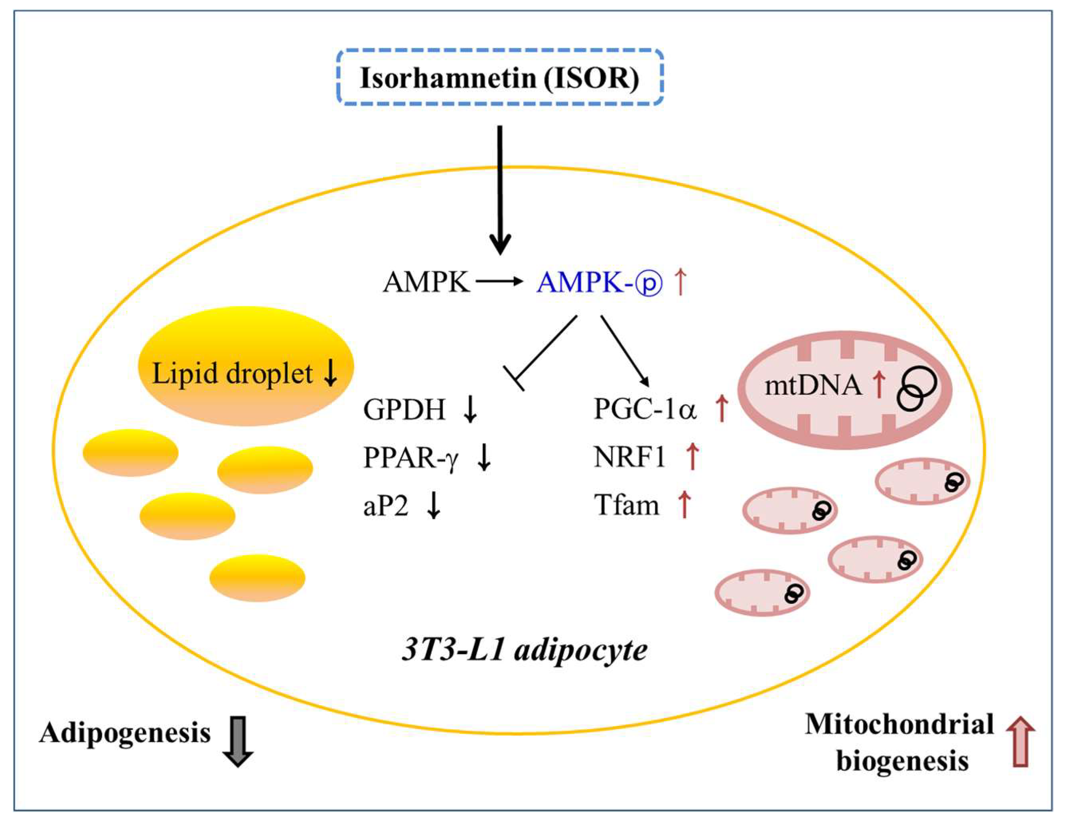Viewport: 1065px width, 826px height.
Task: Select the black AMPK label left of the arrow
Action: point(426,282)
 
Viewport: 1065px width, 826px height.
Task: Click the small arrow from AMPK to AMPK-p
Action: point(498,281)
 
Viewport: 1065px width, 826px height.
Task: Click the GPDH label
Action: point(404,409)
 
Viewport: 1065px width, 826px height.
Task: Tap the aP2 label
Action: point(385,506)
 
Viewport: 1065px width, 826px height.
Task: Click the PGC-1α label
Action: point(645,409)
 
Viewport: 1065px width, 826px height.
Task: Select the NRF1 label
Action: point(629,457)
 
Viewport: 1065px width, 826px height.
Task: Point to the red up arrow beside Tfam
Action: point(685,504)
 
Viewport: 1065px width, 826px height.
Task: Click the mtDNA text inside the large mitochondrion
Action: point(813,385)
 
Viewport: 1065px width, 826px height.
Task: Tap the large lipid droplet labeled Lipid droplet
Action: point(246,366)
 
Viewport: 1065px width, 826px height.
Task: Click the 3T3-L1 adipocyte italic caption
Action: point(525,650)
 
